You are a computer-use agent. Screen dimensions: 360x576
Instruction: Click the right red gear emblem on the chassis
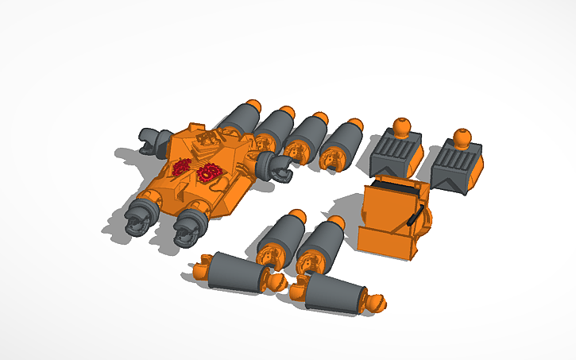[x=211, y=170]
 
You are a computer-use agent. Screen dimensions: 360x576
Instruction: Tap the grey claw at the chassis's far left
[x=151, y=138]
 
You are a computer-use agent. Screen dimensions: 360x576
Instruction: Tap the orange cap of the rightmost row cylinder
[x=354, y=124]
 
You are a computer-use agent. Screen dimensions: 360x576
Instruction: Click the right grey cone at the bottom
[x=333, y=291]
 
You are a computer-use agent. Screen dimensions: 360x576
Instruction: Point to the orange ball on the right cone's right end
[x=377, y=302]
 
